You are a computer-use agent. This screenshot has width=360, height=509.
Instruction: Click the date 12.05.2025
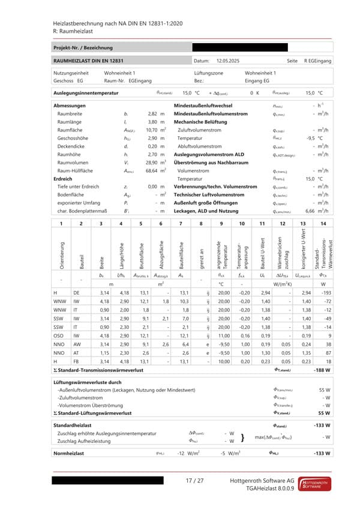(229, 61)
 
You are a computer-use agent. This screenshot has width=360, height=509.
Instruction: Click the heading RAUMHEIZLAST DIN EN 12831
(89, 61)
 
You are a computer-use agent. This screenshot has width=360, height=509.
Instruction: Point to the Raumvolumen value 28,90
(152, 162)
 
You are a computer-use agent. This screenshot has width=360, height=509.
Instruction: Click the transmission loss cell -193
(325, 292)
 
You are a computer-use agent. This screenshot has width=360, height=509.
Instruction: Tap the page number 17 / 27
(195, 481)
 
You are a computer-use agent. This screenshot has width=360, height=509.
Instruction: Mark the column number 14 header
(323, 224)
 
